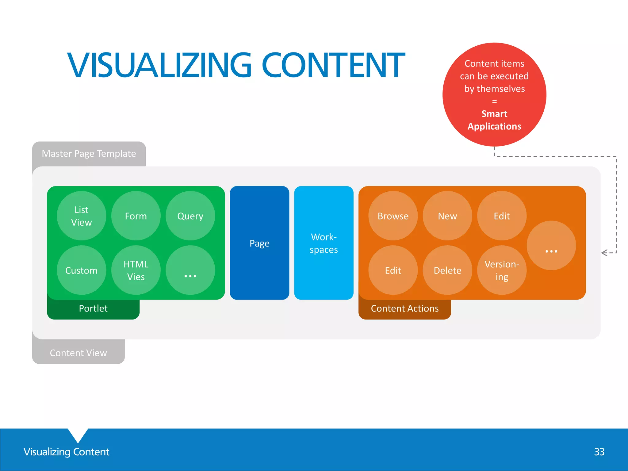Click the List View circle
click(82, 216)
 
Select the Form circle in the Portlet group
click(136, 216)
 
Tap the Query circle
click(190, 216)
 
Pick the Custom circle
click(82, 270)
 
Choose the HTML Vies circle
click(136, 270)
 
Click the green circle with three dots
click(190, 270)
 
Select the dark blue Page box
click(259, 243)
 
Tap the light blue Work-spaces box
click(324, 243)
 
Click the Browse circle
click(393, 216)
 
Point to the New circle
click(447, 216)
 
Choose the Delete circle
click(447, 270)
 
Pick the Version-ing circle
click(502, 270)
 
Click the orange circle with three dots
click(551, 245)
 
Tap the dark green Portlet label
click(93, 308)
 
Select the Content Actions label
click(405, 308)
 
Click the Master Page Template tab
click(89, 153)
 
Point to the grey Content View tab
click(78, 353)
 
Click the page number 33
click(599, 452)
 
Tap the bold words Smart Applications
click(494, 120)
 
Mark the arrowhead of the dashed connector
click(603, 253)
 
